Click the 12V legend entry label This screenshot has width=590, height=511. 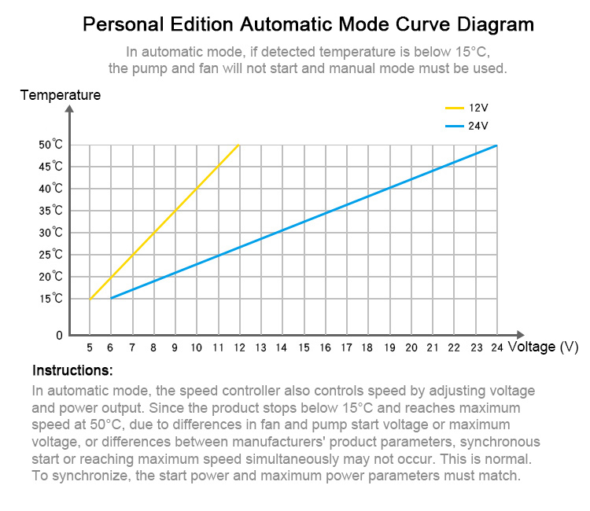point(478,108)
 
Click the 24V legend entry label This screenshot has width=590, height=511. point(478,126)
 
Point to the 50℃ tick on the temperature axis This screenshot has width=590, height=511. point(50,145)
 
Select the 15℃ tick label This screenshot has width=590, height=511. point(50,299)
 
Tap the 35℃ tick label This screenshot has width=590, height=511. point(50,211)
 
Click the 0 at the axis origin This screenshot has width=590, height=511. point(59,336)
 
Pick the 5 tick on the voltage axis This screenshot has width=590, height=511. point(90,347)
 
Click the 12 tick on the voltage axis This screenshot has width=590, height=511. point(239,347)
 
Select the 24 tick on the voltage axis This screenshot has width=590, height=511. point(496,347)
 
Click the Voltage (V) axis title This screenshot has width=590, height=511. point(544,346)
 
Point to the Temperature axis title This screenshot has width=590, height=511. point(61,95)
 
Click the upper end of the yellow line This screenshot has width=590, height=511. point(238,145)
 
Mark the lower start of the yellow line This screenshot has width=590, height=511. point(90,299)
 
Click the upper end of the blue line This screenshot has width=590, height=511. point(496,145)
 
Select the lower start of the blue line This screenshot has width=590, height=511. point(112,298)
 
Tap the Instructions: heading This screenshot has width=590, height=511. point(72,370)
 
